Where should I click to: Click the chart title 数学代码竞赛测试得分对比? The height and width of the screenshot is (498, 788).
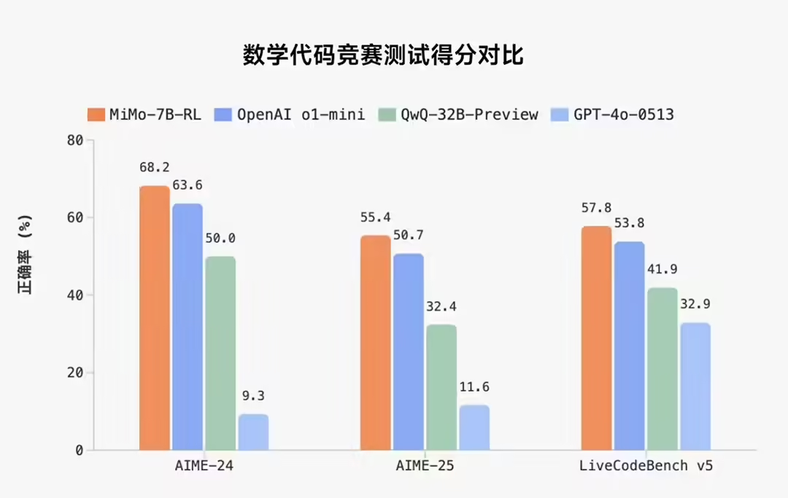[x=383, y=55]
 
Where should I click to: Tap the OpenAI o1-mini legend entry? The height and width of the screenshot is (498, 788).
[x=290, y=114]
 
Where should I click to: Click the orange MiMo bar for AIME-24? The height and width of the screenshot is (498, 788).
[x=155, y=318]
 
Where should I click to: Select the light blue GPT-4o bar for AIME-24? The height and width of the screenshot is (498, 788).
[x=253, y=432]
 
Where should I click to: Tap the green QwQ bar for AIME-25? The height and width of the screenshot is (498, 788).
[x=441, y=387]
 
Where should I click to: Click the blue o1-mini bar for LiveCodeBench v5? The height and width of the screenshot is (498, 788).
[x=629, y=346]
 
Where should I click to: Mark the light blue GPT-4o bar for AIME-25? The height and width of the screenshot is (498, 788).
[x=474, y=427]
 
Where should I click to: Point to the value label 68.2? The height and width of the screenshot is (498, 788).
[x=155, y=168]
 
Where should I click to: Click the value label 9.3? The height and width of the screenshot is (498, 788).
[x=253, y=397]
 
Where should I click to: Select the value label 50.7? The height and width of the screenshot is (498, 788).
[x=409, y=235]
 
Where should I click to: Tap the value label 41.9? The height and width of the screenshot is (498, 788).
[x=663, y=269]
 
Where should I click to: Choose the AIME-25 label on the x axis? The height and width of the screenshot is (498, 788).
[x=425, y=466]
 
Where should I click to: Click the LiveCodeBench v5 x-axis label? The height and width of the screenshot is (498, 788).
[x=646, y=466]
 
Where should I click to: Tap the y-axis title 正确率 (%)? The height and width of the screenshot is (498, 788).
[x=26, y=255]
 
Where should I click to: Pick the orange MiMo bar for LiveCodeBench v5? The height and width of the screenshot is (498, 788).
[x=596, y=338]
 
